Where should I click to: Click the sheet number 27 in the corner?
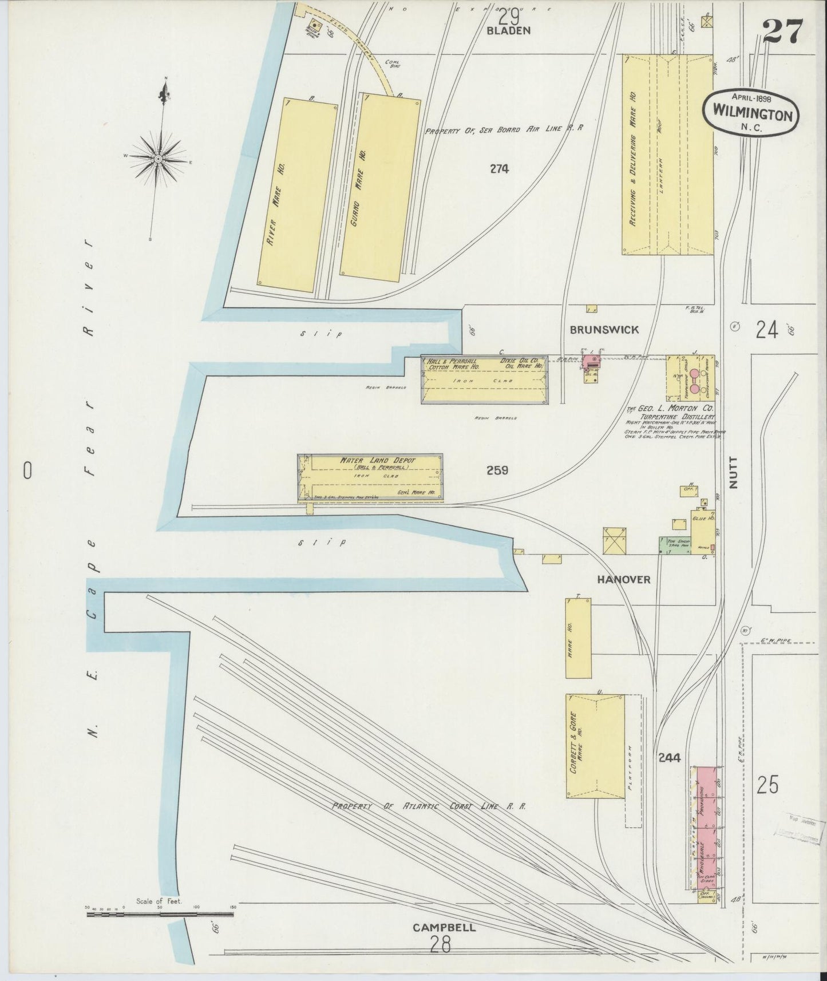pos(783,31)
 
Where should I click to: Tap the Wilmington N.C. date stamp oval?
pos(751,113)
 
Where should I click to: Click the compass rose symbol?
pos(158,158)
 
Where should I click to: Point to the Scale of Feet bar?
pos(160,915)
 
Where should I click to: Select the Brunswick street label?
pos(603,330)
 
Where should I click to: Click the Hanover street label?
pos(624,579)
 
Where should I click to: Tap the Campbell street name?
pos(443,927)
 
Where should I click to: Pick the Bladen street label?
pos(509,31)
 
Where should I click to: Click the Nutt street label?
pos(734,472)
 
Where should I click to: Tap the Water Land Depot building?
pos(370,478)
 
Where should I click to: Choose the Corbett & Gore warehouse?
pos(594,746)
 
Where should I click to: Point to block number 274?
pos(499,169)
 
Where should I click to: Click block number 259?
pos(497,470)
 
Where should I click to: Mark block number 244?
pos(669,758)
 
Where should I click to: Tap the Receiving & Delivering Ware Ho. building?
pos(667,155)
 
